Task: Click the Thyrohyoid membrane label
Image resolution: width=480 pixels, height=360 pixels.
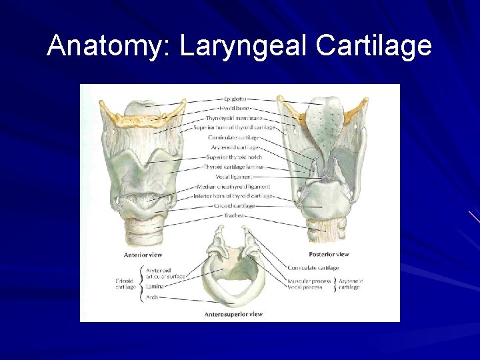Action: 233,117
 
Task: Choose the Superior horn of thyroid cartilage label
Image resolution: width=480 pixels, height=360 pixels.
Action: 234,127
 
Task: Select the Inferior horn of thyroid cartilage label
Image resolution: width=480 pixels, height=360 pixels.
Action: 234,196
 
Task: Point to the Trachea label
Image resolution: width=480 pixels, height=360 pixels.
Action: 233,215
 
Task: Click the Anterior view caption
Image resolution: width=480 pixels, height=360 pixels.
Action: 143,255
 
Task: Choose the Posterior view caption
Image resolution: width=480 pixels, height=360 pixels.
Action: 329,254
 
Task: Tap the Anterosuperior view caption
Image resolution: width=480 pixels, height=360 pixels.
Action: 233,314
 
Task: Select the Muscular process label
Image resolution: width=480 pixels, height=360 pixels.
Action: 309,281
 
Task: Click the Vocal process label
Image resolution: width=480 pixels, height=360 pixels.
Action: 306,288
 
